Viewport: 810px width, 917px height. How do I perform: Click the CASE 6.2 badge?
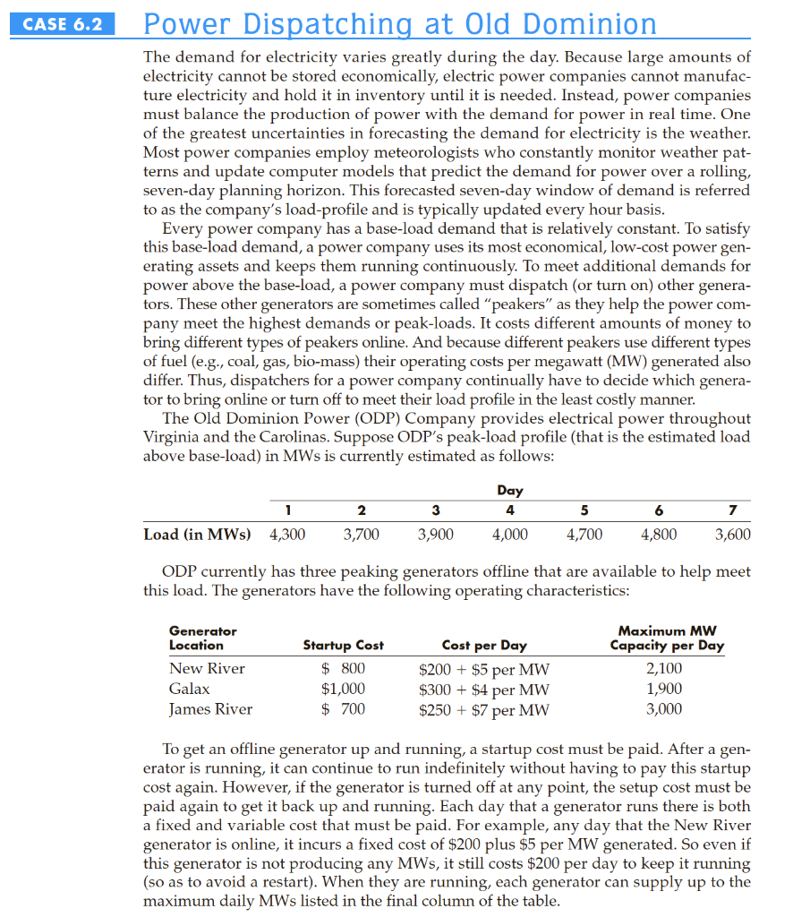click(63, 24)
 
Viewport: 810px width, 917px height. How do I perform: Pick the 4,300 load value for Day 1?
click(287, 535)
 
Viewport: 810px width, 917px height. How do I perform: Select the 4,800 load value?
click(659, 535)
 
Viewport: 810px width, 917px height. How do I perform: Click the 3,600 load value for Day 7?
click(732, 535)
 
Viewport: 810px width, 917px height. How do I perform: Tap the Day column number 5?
click(584, 510)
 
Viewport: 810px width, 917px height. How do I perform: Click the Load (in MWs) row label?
click(197, 535)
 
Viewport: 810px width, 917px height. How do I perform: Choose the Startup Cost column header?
click(343, 645)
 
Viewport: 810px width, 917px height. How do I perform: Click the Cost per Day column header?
click(484, 645)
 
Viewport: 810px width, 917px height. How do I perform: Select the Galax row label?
click(190, 689)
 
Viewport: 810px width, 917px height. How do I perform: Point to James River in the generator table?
click(210, 709)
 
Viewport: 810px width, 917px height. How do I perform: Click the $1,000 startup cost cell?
click(343, 689)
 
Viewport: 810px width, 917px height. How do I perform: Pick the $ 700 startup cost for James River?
click(343, 709)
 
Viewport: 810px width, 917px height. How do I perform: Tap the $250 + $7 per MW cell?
click(484, 710)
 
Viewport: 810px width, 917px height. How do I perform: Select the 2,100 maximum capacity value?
click(664, 668)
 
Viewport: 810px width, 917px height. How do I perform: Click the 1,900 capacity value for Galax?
click(664, 689)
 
